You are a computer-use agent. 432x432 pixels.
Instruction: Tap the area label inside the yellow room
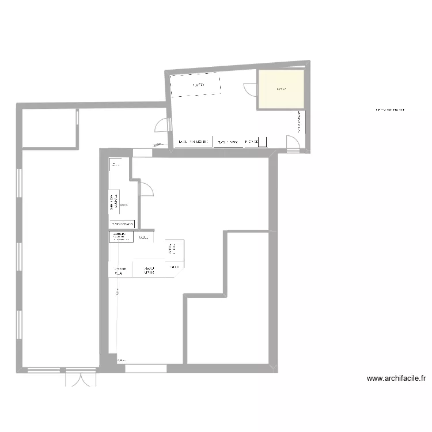[x=282, y=89]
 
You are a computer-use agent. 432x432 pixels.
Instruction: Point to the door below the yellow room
[x=293, y=144]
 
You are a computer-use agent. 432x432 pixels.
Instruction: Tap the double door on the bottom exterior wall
[x=79, y=377]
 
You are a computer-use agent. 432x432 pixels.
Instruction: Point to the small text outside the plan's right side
[x=389, y=109]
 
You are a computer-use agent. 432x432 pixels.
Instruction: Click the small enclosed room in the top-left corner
[x=49, y=127]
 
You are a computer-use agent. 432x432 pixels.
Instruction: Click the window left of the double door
[x=44, y=369]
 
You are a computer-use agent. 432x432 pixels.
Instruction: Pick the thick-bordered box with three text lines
[x=121, y=237]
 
